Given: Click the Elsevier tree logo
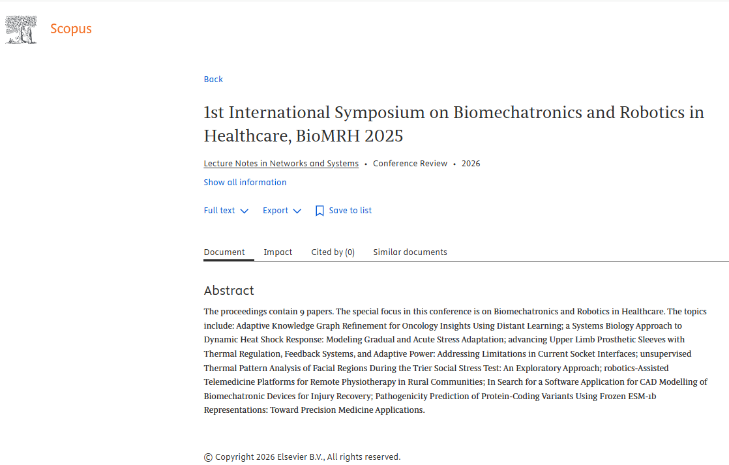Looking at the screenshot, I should [x=21, y=29].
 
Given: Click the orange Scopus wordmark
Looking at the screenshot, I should [x=71, y=29].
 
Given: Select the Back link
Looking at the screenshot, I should [x=213, y=80].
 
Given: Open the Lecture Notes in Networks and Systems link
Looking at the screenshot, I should [x=281, y=164].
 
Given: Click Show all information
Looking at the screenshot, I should [x=245, y=183].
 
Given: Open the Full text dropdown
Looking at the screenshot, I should [x=226, y=211].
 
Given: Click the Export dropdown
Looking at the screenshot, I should [x=282, y=211].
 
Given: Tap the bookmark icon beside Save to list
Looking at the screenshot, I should [x=320, y=211].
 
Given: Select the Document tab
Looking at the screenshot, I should [x=224, y=252].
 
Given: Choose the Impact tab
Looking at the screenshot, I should [x=278, y=252].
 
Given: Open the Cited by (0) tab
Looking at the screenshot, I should [x=333, y=252].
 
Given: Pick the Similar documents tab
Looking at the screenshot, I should [x=410, y=252].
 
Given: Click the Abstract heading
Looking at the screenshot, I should [x=229, y=291].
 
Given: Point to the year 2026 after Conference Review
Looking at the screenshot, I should [x=471, y=164].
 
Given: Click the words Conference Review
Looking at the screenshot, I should [x=410, y=164].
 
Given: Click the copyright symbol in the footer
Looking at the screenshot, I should [x=208, y=457].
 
